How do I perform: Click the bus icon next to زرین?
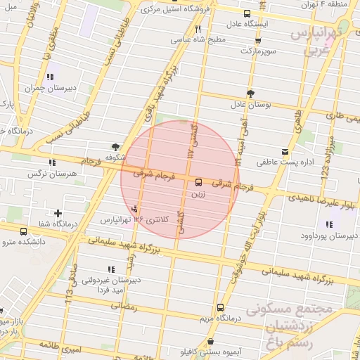pyautogui.click(x=198, y=181)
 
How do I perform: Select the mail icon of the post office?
pyautogui.click(x=285, y=151)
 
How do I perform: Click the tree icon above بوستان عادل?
pyautogui.click(x=250, y=93)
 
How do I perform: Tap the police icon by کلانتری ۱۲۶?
pyautogui.click(x=134, y=207)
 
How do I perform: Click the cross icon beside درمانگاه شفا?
pyautogui.click(x=58, y=213)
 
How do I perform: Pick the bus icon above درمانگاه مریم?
pyautogui.click(x=220, y=307)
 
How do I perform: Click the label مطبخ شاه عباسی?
pyautogui.click(x=200, y=40)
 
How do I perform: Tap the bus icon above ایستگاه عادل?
pyautogui.click(x=246, y=13)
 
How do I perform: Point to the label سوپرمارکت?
pyautogui.click(x=259, y=51)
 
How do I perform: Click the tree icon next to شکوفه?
pyautogui.click(x=115, y=146)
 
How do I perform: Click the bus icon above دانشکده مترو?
pyautogui.click(x=25, y=231)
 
